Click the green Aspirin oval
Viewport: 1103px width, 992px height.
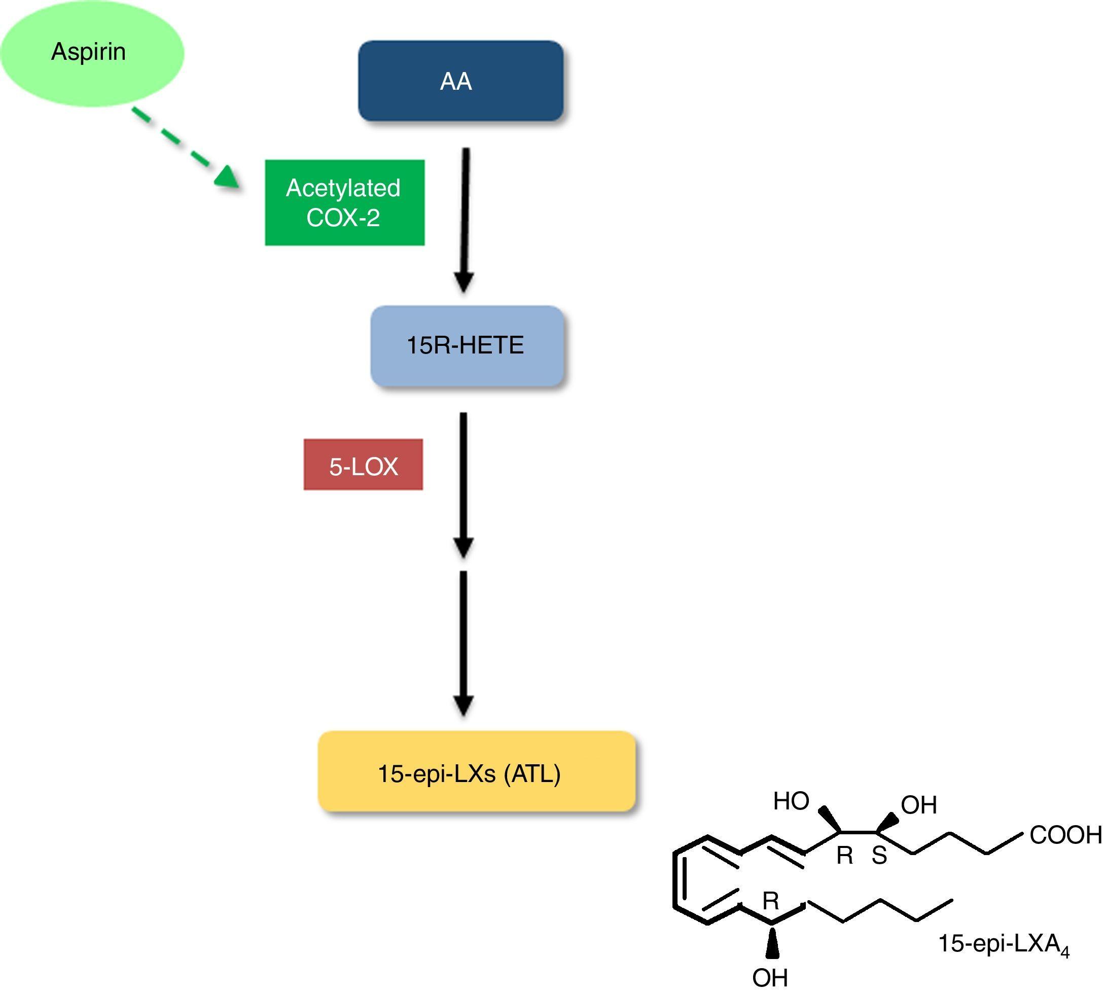(92, 53)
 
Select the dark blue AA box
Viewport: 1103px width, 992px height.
(460, 81)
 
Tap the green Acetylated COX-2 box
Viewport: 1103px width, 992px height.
(344, 202)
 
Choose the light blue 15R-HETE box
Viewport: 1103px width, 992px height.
(467, 345)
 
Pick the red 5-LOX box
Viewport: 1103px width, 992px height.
(363, 465)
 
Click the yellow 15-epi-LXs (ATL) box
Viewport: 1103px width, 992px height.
(476, 771)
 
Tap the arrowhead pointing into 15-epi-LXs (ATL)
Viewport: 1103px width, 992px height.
(463, 705)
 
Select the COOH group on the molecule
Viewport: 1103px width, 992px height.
(1065, 835)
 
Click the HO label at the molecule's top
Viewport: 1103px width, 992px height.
(791, 801)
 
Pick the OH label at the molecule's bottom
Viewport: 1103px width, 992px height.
(770, 977)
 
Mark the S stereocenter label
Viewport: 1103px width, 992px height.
(879, 856)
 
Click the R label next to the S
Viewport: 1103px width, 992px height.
(844, 856)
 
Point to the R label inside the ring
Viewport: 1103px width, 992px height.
(770, 901)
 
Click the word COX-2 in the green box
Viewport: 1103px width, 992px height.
(343, 218)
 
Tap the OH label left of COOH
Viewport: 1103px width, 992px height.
(919, 805)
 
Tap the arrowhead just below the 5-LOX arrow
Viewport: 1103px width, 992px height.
(463, 547)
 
